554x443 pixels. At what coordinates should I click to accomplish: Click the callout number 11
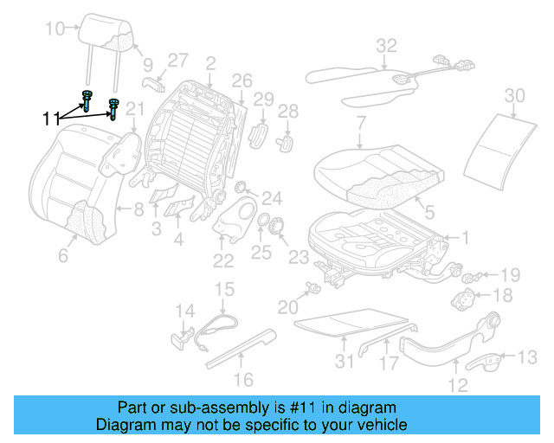[51, 118]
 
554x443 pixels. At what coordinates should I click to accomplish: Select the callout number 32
[386, 45]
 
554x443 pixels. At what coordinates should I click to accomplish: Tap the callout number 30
[515, 94]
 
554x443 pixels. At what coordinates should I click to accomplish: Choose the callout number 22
[223, 261]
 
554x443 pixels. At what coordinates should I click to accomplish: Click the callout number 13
[526, 356]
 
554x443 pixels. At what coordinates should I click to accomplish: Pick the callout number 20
[287, 305]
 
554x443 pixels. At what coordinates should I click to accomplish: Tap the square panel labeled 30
[497, 143]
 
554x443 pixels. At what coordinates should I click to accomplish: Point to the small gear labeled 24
[242, 189]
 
